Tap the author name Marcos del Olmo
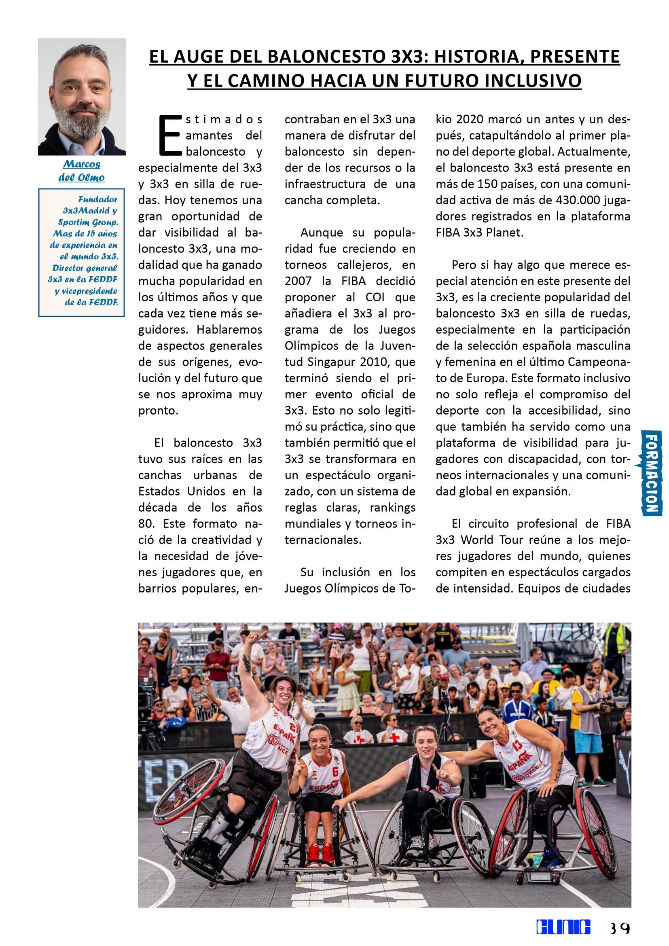(82, 171)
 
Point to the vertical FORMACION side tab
(652, 472)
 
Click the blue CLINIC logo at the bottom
(563, 927)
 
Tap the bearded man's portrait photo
(82, 97)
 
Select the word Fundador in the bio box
(97, 199)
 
